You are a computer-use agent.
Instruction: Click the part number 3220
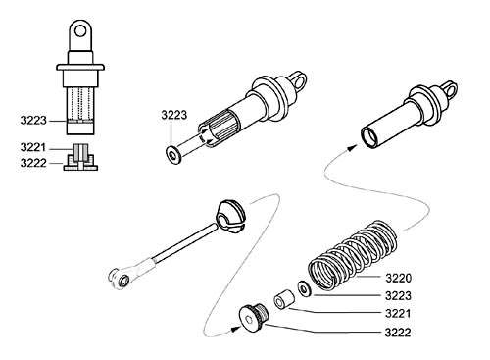pyautogui.click(x=398, y=279)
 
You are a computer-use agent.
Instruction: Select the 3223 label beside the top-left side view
pyautogui.click(x=33, y=121)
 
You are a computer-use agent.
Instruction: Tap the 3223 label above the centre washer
pyautogui.click(x=174, y=115)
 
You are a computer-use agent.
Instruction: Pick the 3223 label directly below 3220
pyautogui.click(x=398, y=296)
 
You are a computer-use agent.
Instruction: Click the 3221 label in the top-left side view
pyautogui.click(x=33, y=147)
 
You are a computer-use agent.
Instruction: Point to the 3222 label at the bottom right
pyautogui.click(x=398, y=333)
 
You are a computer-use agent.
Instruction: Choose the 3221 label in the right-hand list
pyautogui.click(x=398, y=314)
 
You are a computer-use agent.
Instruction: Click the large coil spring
pyautogui.click(x=353, y=256)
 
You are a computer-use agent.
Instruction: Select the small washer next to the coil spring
pyautogui.click(x=305, y=289)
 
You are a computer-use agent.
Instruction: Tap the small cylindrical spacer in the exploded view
pyautogui.click(x=284, y=299)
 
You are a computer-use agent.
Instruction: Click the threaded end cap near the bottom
pyautogui.click(x=254, y=318)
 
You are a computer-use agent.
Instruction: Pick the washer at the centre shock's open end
pyautogui.click(x=173, y=155)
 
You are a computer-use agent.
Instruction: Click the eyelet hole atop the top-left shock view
pyautogui.click(x=80, y=31)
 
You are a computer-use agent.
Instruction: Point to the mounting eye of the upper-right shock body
pyautogui.click(x=450, y=89)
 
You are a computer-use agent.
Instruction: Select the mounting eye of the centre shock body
pyautogui.click(x=299, y=79)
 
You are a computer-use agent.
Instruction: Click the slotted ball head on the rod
pyautogui.click(x=229, y=217)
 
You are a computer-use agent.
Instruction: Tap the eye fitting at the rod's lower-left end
pyautogui.click(x=121, y=279)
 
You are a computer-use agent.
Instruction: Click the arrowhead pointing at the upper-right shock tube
pyautogui.click(x=351, y=148)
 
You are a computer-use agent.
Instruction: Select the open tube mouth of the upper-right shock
pyautogui.click(x=369, y=137)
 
